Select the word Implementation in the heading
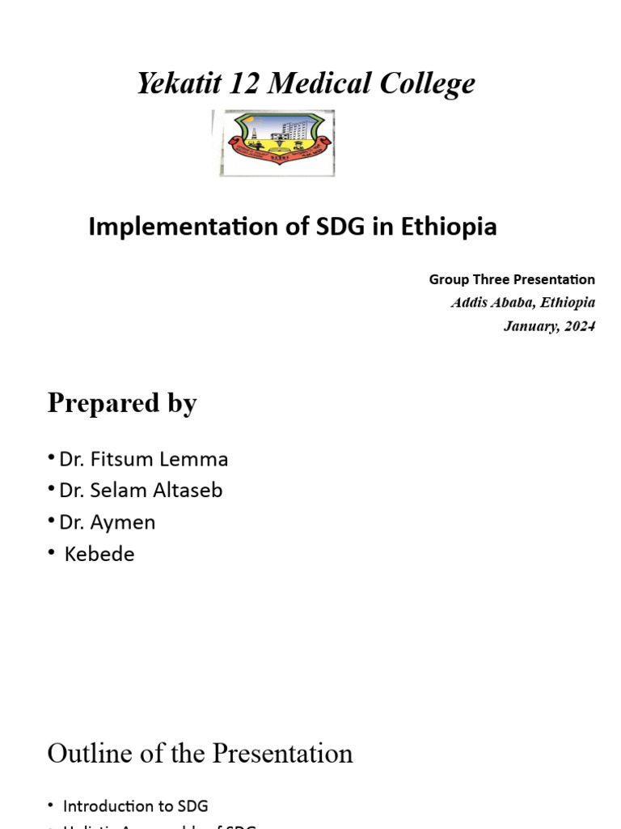170,228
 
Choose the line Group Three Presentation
512,280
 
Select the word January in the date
530,327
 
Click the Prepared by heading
122,403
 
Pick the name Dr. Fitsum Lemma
144,460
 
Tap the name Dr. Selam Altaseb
141,491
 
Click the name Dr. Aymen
108,522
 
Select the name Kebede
99,555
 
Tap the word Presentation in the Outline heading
282,754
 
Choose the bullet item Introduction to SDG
136,806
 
